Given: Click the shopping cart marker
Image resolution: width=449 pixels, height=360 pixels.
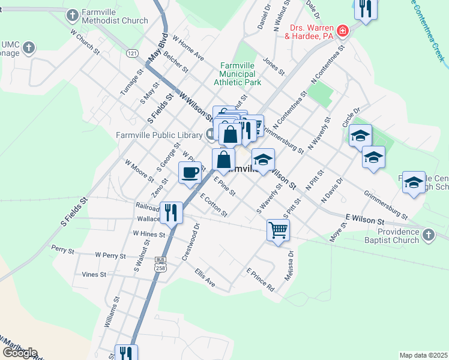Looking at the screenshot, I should [x=279, y=229].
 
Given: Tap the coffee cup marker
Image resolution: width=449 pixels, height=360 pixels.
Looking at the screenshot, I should [x=190, y=173].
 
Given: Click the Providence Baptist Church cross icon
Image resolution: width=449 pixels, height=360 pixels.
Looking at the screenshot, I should [x=428, y=235].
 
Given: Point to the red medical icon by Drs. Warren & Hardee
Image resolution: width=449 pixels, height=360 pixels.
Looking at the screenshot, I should [x=342, y=31].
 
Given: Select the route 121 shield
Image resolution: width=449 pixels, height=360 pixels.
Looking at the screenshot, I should [x=133, y=54].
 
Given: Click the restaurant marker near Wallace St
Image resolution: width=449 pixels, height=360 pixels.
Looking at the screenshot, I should [x=172, y=212].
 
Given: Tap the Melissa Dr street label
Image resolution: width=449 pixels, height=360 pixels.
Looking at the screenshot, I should [x=291, y=262].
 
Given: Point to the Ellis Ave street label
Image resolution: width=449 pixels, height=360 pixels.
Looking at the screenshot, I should [x=205, y=277].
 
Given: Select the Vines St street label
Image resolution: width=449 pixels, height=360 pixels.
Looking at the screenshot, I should [x=94, y=274].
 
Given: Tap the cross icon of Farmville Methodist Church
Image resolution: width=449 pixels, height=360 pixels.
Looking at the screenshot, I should [x=72, y=15].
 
